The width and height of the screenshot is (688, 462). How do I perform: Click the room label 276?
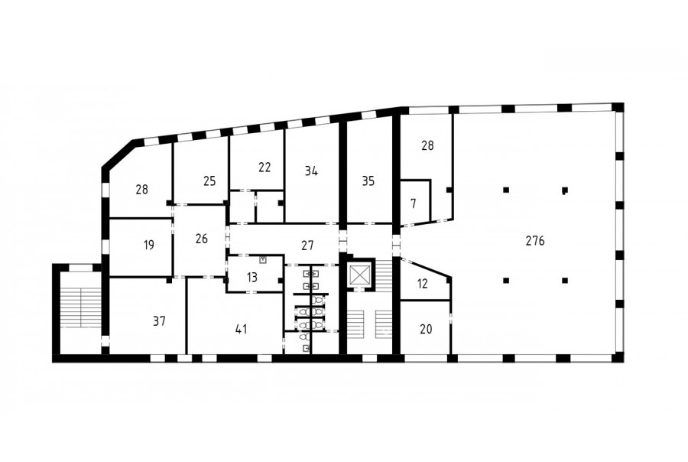[535, 241]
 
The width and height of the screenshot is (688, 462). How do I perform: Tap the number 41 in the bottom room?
[242, 329]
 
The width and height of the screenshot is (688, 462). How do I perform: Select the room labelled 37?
[159, 321]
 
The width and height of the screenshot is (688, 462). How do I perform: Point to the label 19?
[149, 245]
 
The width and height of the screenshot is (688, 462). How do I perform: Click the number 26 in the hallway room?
[201, 239]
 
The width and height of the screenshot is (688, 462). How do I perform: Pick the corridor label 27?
[307, 245]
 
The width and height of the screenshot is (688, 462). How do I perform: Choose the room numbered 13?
[252, 278]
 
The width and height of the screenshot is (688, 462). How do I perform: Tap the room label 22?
[264, 168]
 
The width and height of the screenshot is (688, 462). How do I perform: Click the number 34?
[311, 171]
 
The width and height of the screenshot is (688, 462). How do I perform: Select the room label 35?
[368, 181]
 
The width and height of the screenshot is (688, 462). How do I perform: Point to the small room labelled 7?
[413, 203]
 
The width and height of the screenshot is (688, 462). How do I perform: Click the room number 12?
[422, 284]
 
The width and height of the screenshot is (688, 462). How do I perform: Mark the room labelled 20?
[426, 329]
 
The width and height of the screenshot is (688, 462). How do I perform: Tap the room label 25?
[209, 181]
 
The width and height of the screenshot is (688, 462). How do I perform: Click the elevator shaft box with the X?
[360, 275]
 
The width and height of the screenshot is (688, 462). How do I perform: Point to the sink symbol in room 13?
[263, 259]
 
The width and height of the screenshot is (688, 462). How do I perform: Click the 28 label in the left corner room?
[141, 190]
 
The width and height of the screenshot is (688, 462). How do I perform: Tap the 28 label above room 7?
[427, 145]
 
